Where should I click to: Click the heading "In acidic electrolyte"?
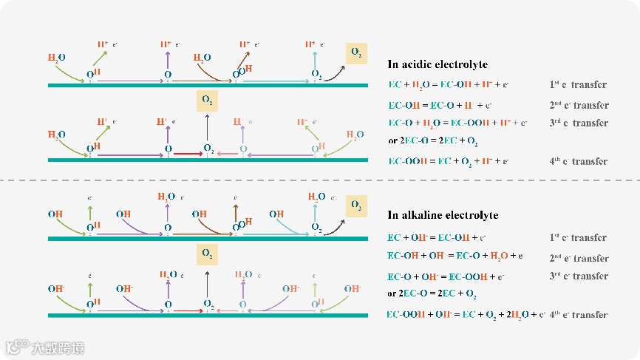pos(438,64)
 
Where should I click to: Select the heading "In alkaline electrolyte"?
pos(443,215)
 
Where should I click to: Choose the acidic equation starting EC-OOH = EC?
pos(448,160)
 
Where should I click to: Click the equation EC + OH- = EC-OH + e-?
pos(436,237)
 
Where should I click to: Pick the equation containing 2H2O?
pos(466,314)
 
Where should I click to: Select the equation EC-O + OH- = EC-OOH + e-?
pos(446,276)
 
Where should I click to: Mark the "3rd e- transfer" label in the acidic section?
pos(579,123)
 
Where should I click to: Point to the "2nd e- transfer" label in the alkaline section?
pos(579,258)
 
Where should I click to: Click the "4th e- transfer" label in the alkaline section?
pos(579,314)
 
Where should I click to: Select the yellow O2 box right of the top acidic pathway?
pos(356,53)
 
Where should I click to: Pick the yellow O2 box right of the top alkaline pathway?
pos(356,205)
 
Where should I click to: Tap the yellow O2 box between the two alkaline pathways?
pos(207,254)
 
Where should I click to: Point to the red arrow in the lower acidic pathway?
pos(188,154)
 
